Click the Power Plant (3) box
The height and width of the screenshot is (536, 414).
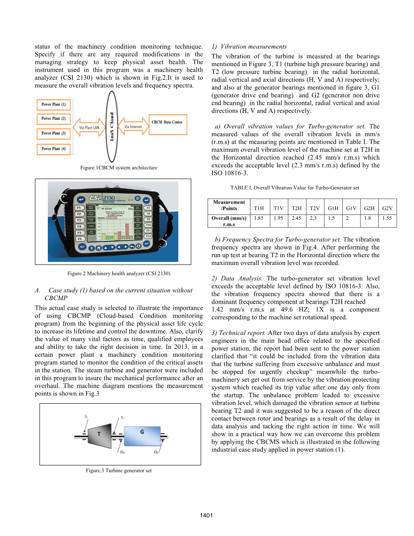(x=53, y=133)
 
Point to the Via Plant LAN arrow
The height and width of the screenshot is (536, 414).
(x=89, y=127)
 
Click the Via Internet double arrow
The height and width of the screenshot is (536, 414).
(x=133, y=127)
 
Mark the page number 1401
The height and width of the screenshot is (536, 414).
(x=207, y=516)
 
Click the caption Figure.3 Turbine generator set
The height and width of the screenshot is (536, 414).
(x=119, y=471)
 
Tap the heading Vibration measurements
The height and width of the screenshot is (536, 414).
(x=249, y=47)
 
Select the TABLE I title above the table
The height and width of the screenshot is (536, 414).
(x=294, y=188)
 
